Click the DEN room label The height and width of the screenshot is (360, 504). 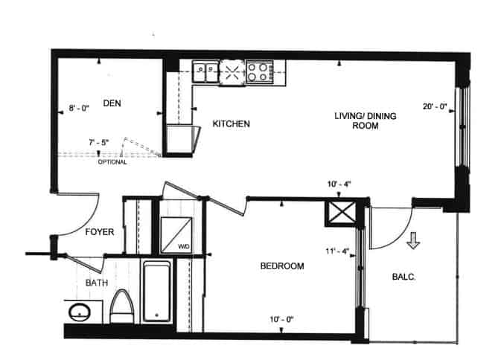click(x=112, y=103)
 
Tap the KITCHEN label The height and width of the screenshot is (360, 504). click(x=231, y=124)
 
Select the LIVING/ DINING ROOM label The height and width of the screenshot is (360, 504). click(x=365, y=120)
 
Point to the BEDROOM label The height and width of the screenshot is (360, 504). click(x=282, y=266)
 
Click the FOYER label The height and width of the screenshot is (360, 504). click(x=99, y=232)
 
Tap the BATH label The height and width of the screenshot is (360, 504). click(x=97, y=283)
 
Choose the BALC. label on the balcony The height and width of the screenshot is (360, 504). click(x=403, y=277)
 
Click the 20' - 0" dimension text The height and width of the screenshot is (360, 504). click(x=435, y=106)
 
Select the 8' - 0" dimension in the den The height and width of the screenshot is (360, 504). click(x=79, y=109)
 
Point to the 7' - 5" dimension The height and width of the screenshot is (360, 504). click(x=99, y=142)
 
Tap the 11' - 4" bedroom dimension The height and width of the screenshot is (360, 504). click(x=337, y=251)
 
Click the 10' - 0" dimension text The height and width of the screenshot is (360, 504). click(x=281, y=320)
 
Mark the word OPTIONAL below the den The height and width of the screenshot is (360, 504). click(x=112, y=162)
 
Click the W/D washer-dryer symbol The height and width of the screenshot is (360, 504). click(x=176, y=234)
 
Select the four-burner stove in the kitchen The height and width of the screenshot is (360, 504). click(x=260, y=72)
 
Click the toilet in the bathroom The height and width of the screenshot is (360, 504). click(x=122, y=306)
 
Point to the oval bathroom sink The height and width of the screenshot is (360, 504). click(x=80, y=312)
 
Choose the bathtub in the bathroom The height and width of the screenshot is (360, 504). click(x=156, y=292)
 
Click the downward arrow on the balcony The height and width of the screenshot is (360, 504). click(x=413, y=240)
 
